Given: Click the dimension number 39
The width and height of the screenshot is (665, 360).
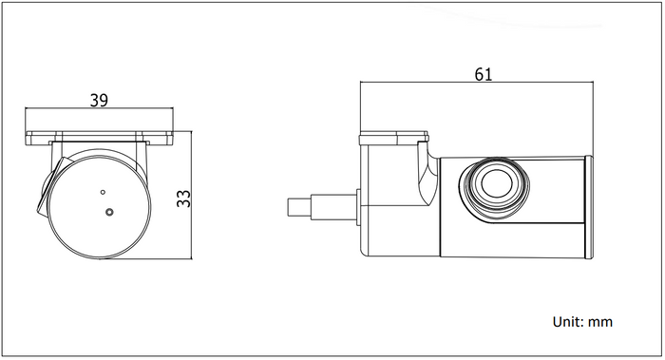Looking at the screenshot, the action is [x=99, y=101].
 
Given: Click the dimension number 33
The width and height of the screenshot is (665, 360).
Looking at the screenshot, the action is [x=183, y=199].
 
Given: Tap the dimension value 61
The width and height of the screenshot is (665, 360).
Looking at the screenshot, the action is [x=484, y=74].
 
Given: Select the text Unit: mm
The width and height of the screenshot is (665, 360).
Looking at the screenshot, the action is [x=582, y=322].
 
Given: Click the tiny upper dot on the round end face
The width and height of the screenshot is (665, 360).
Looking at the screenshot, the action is [x=103, y=192].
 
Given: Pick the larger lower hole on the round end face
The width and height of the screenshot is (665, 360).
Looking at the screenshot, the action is [x=109, y=212].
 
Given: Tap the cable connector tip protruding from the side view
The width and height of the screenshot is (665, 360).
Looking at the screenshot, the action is [x=299, y=207].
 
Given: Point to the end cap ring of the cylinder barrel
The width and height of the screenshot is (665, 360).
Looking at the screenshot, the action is [x=589, y=207].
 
